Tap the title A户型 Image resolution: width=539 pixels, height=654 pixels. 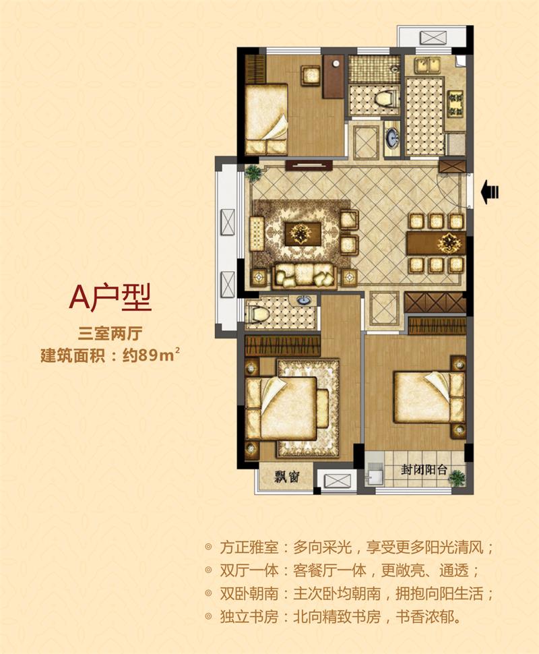110,297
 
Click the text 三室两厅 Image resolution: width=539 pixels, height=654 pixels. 110,334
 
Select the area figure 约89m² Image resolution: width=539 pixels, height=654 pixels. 151,355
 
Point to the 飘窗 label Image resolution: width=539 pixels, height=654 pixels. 287,476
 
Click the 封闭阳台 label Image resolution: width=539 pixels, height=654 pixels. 424,470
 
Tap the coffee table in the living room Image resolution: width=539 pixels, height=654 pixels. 303,235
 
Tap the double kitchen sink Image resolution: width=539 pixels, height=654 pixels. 428,65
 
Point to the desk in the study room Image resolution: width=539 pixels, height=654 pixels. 334,76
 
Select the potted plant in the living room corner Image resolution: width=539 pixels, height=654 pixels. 253,172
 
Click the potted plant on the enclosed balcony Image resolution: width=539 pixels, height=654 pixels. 457,477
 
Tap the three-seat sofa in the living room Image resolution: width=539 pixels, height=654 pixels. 304,276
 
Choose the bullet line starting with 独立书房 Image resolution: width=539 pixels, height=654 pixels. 334,616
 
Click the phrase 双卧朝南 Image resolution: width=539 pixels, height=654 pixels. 248,593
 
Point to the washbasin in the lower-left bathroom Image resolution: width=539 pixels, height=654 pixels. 303,300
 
